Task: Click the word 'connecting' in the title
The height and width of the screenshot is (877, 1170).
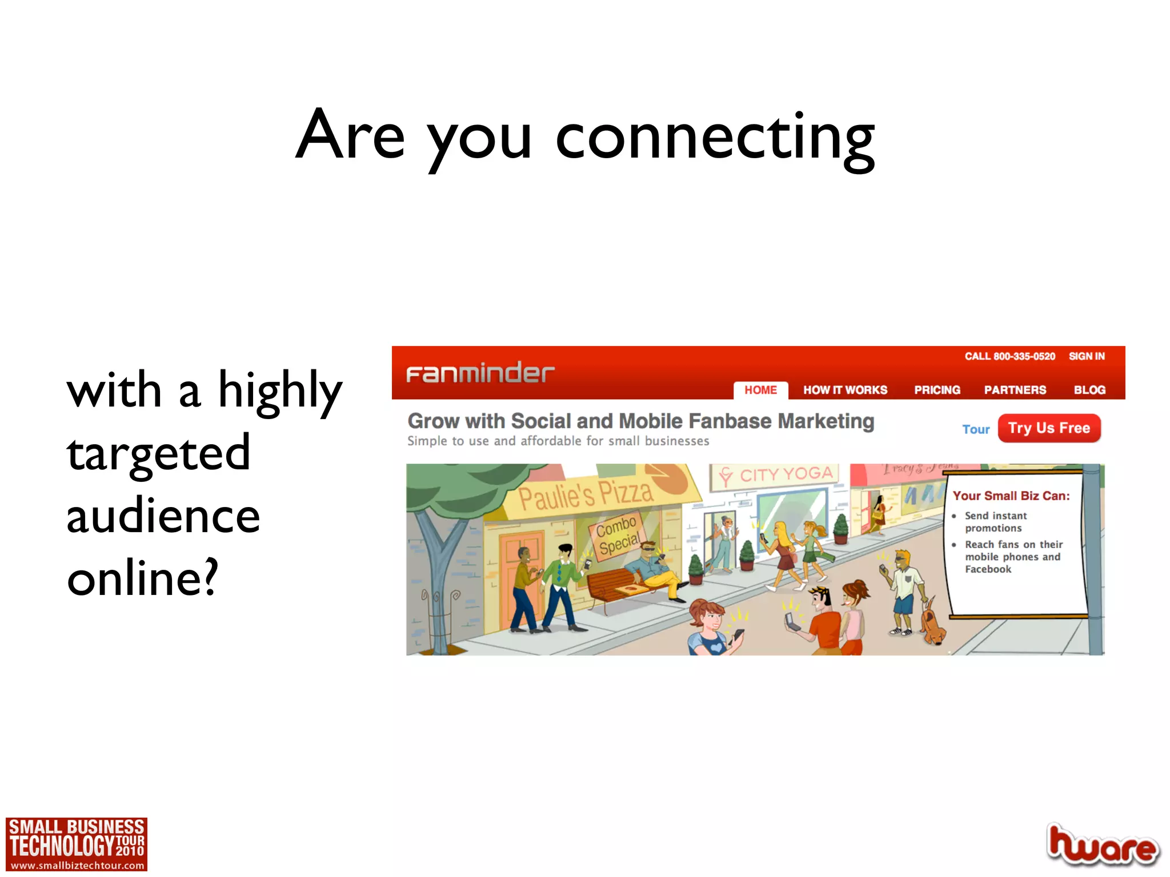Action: coord(715,138)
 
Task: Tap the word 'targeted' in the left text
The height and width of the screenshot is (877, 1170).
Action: coord(159,453)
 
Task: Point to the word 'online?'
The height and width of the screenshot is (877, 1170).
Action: coord(143,578)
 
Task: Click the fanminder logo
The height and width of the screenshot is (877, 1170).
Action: coord(480,373)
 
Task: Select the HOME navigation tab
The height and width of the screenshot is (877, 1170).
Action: coord(760,390)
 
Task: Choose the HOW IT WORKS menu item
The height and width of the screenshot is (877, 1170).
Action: coord(845,390)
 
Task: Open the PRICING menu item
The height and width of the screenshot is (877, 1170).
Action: coord(937,390)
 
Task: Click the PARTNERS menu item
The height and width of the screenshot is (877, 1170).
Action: coord(1015,390)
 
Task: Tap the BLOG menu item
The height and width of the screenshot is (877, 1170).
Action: coord(1089,390)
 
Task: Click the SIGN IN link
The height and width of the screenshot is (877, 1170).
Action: coord(1087,356)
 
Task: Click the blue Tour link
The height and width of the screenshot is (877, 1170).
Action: coord(975,429)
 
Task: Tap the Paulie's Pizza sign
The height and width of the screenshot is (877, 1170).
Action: coord(586,494)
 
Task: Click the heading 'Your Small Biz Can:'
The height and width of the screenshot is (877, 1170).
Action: coord(1011,496)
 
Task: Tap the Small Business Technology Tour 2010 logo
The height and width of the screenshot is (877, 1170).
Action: coord(77,844)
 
